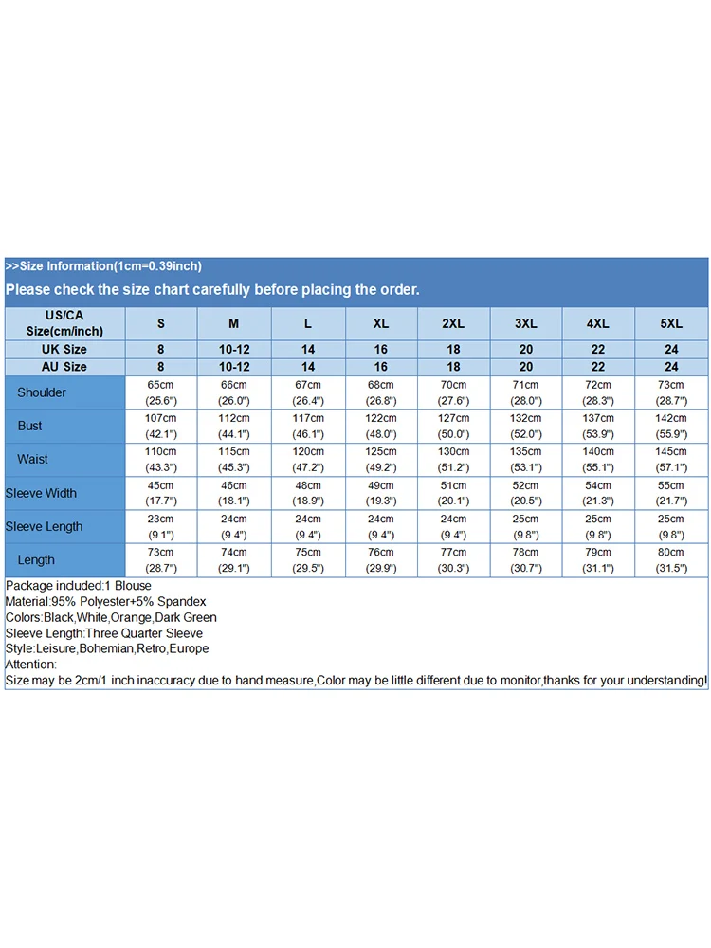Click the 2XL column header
pos(453,323)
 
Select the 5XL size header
pos(671,323)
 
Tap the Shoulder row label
pos(42,392)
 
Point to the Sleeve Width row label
pos(41,493)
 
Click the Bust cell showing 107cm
pos(160,426)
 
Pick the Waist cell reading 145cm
pos(671,459)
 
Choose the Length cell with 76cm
pos(380,559)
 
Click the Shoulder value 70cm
pos(453,392)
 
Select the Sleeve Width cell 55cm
pos(671,493)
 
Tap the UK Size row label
pos(64,350)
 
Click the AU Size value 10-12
pos(233,367)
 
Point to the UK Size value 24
pos(671,350)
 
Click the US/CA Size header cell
pos(64,323)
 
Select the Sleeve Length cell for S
pos(160,526)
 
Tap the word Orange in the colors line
pos(130,617)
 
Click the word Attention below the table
pos(29,665)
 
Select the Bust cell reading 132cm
pos(525,426)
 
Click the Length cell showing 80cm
pos(671,559)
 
